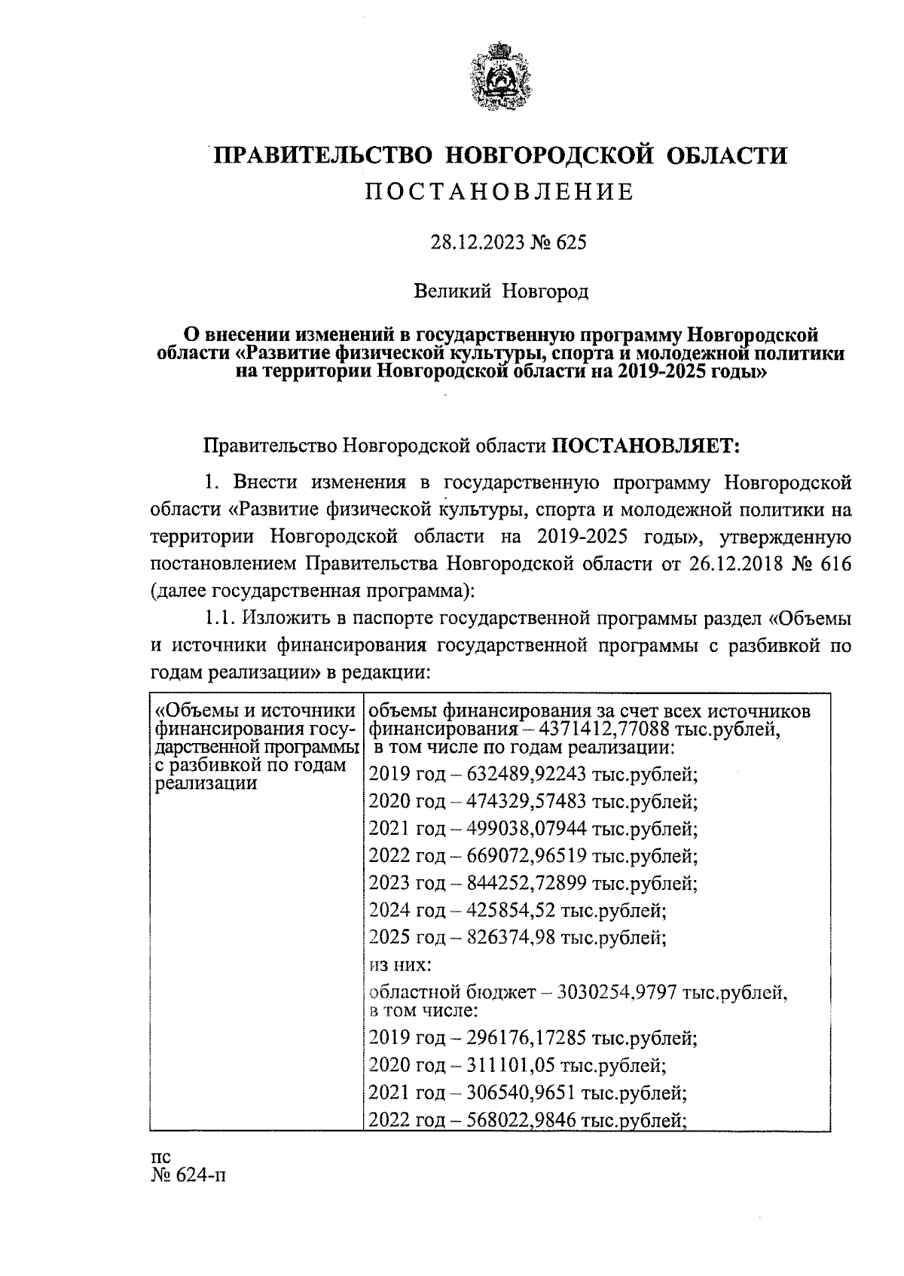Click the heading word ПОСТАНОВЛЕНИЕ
[x=499, y=192]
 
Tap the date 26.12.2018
[x=731, y=565]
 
